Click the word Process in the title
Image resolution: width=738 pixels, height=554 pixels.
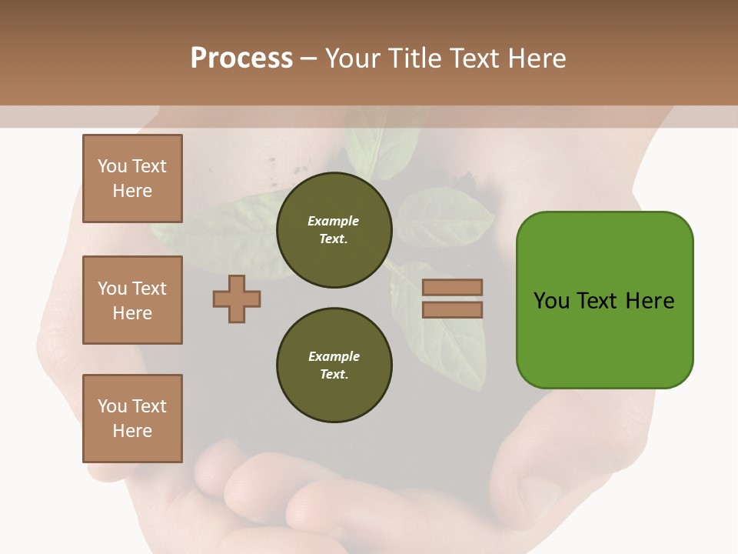[241, 58]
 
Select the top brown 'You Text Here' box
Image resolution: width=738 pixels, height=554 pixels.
[132, 179]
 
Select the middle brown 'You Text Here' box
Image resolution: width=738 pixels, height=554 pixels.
[132, 300]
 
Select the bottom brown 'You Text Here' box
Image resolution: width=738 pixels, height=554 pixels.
[132, 419]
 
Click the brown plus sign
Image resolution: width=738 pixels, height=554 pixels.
[237, 299]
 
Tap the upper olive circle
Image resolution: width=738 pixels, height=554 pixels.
[334, 229]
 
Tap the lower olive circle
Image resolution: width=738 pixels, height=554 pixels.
[334, 365]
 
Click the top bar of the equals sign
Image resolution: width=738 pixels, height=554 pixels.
[452, 287]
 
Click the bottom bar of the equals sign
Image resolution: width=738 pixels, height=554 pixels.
[452, 309]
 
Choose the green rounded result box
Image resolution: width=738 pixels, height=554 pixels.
[604, 300]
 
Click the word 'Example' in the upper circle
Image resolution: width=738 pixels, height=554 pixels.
[334, 221]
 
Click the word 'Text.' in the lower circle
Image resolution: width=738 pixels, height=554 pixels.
[334, 374]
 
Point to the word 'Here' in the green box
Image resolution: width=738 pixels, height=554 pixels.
[650, 301]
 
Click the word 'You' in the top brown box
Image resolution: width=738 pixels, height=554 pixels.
[112, 166]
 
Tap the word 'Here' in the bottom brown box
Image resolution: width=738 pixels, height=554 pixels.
[132, 431]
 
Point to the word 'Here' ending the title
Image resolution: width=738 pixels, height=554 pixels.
[537, 58]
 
